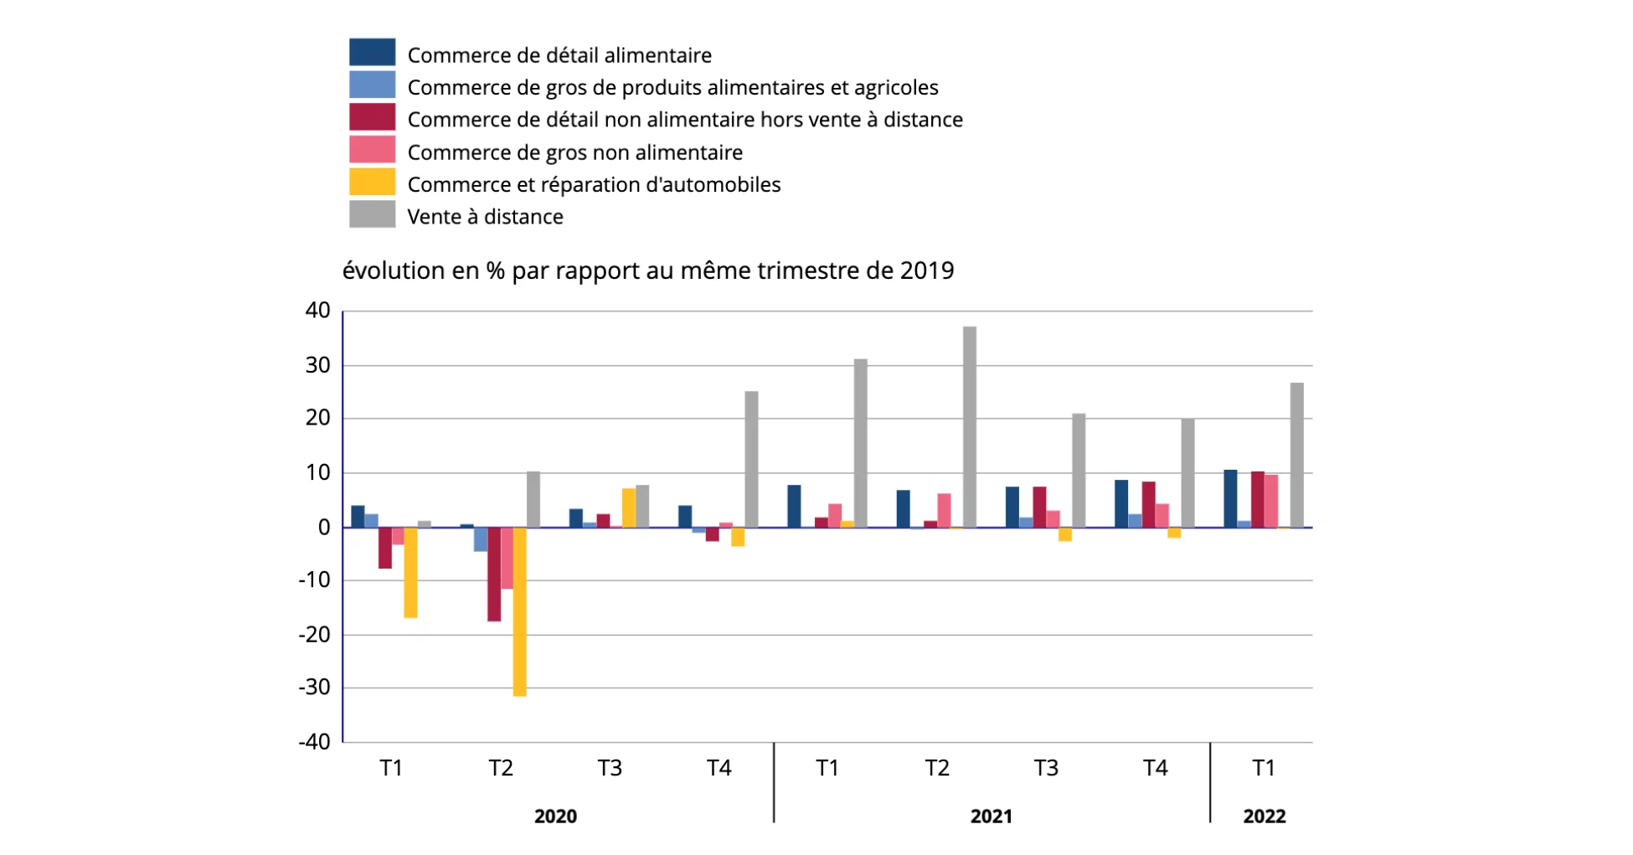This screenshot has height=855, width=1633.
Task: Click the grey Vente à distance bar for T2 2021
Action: [x=969, y=427]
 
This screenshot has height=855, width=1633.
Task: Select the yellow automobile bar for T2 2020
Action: [x=519, y=611]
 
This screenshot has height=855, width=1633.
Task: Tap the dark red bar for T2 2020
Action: [x=494, y=574]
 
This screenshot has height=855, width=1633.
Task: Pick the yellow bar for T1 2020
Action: [x=410, y=573]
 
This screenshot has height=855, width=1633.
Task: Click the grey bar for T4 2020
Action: [x=751, y=459]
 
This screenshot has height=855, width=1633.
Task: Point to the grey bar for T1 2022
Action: [x=1296, y=455]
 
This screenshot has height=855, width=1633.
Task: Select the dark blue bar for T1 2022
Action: [x=1230, y=499]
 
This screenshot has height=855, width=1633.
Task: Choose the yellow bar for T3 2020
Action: [x=628, y=508]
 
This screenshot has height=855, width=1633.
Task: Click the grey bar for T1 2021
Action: [x=860, y=443]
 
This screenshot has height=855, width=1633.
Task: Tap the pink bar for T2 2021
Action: [x=944, y=511]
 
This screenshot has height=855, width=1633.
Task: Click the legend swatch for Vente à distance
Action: [x=372, y=214]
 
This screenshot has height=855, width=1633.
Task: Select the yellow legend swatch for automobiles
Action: [x=372, y=183]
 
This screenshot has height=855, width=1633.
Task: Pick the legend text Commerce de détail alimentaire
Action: [x=559, y=55]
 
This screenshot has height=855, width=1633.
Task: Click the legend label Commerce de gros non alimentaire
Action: [x=574, y=152]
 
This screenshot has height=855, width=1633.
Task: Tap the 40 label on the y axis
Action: [x=317, y=311]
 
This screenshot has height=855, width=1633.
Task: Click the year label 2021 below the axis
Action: [x=991, y=816]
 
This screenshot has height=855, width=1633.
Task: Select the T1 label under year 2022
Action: [x=1264, y=768]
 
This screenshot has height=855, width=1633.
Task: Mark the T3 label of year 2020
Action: [x=610, y=768]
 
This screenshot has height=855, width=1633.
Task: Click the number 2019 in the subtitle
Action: [x=927, y=270]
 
